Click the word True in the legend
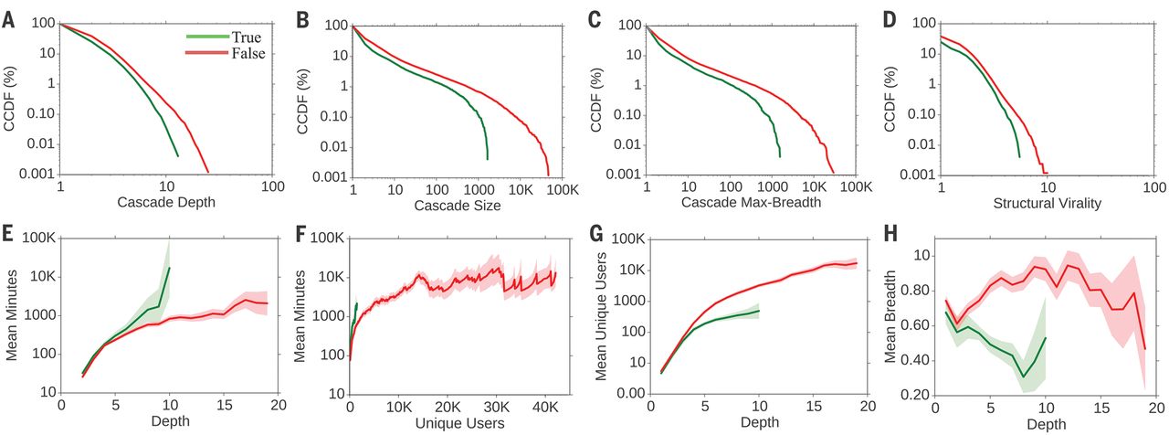click(x=246, y=38)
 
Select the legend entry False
click(x=247, y=55)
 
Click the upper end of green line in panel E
click(x=170, y=268)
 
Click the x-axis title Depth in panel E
click(x=166, y=422)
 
